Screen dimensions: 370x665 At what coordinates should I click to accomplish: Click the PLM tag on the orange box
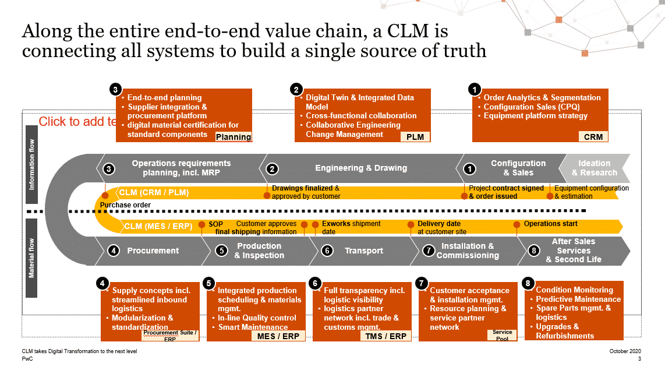415,137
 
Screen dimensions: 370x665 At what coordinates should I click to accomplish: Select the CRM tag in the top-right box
593,137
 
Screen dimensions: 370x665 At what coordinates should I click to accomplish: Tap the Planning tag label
234,138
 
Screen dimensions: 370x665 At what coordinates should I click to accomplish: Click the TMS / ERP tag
386,336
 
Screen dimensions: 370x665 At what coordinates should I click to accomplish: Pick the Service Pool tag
502,335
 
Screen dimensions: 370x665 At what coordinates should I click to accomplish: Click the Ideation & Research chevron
594,168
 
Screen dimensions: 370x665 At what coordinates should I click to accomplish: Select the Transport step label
364,251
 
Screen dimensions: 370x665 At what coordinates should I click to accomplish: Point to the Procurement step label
153,251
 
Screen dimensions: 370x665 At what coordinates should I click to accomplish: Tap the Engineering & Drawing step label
361,168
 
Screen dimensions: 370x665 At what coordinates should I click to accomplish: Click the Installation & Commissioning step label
468,251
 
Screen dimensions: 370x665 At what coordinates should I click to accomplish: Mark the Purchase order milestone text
125,205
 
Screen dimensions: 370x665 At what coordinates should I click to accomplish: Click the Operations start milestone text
550,224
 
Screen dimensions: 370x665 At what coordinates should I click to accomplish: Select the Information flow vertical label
32,165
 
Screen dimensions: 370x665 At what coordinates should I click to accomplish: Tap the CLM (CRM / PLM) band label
154,192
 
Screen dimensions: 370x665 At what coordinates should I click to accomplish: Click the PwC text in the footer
27,360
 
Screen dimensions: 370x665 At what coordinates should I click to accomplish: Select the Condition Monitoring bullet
574,290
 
